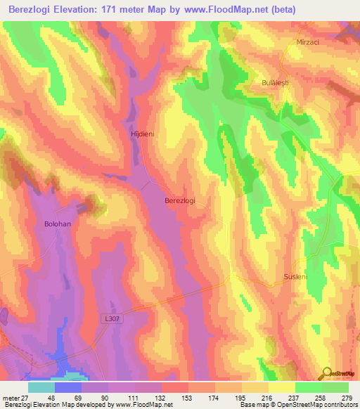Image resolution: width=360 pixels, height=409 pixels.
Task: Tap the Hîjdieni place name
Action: coord(141,131)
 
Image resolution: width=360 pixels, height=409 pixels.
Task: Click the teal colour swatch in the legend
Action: coord(41,387)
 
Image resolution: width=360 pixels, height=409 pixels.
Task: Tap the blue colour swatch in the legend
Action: coord(68,387)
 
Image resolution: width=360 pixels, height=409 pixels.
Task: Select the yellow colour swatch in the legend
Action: coord(281,387)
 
